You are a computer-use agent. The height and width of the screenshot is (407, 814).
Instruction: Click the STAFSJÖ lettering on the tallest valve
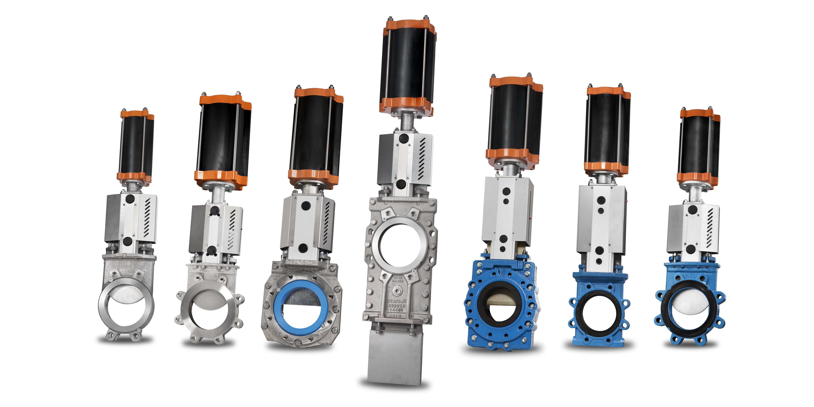[x=396, y=301]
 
